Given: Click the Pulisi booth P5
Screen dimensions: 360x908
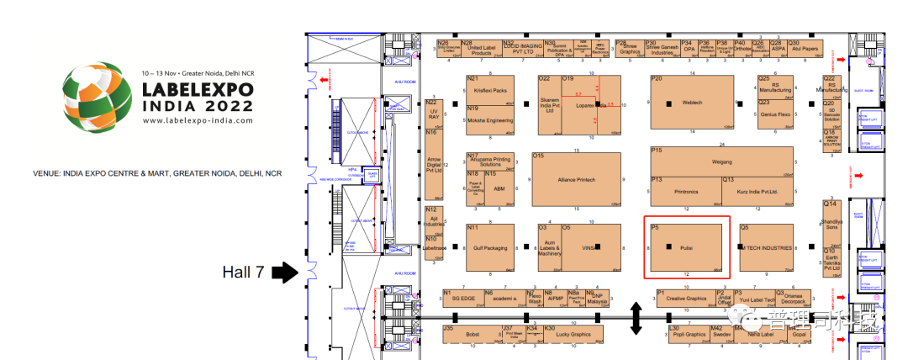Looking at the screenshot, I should [685, 248].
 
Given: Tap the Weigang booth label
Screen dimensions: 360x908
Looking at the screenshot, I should [721, 160].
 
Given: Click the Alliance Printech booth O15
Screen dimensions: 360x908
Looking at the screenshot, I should [577, 180].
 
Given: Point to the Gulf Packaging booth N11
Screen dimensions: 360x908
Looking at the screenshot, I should [490, 248].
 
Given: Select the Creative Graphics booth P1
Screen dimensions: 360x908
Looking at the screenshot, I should [685, 298].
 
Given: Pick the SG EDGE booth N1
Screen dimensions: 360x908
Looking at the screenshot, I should [463, 298].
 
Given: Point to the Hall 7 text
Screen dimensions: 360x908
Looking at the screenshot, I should [244, 272].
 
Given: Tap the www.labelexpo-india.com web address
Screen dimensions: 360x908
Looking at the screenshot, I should [198, 120].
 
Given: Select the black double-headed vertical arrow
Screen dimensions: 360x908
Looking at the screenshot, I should [636, 319].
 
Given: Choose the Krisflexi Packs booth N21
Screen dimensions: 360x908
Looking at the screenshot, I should [489, 90].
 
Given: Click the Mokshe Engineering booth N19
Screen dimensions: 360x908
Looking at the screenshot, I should [489, 120].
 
